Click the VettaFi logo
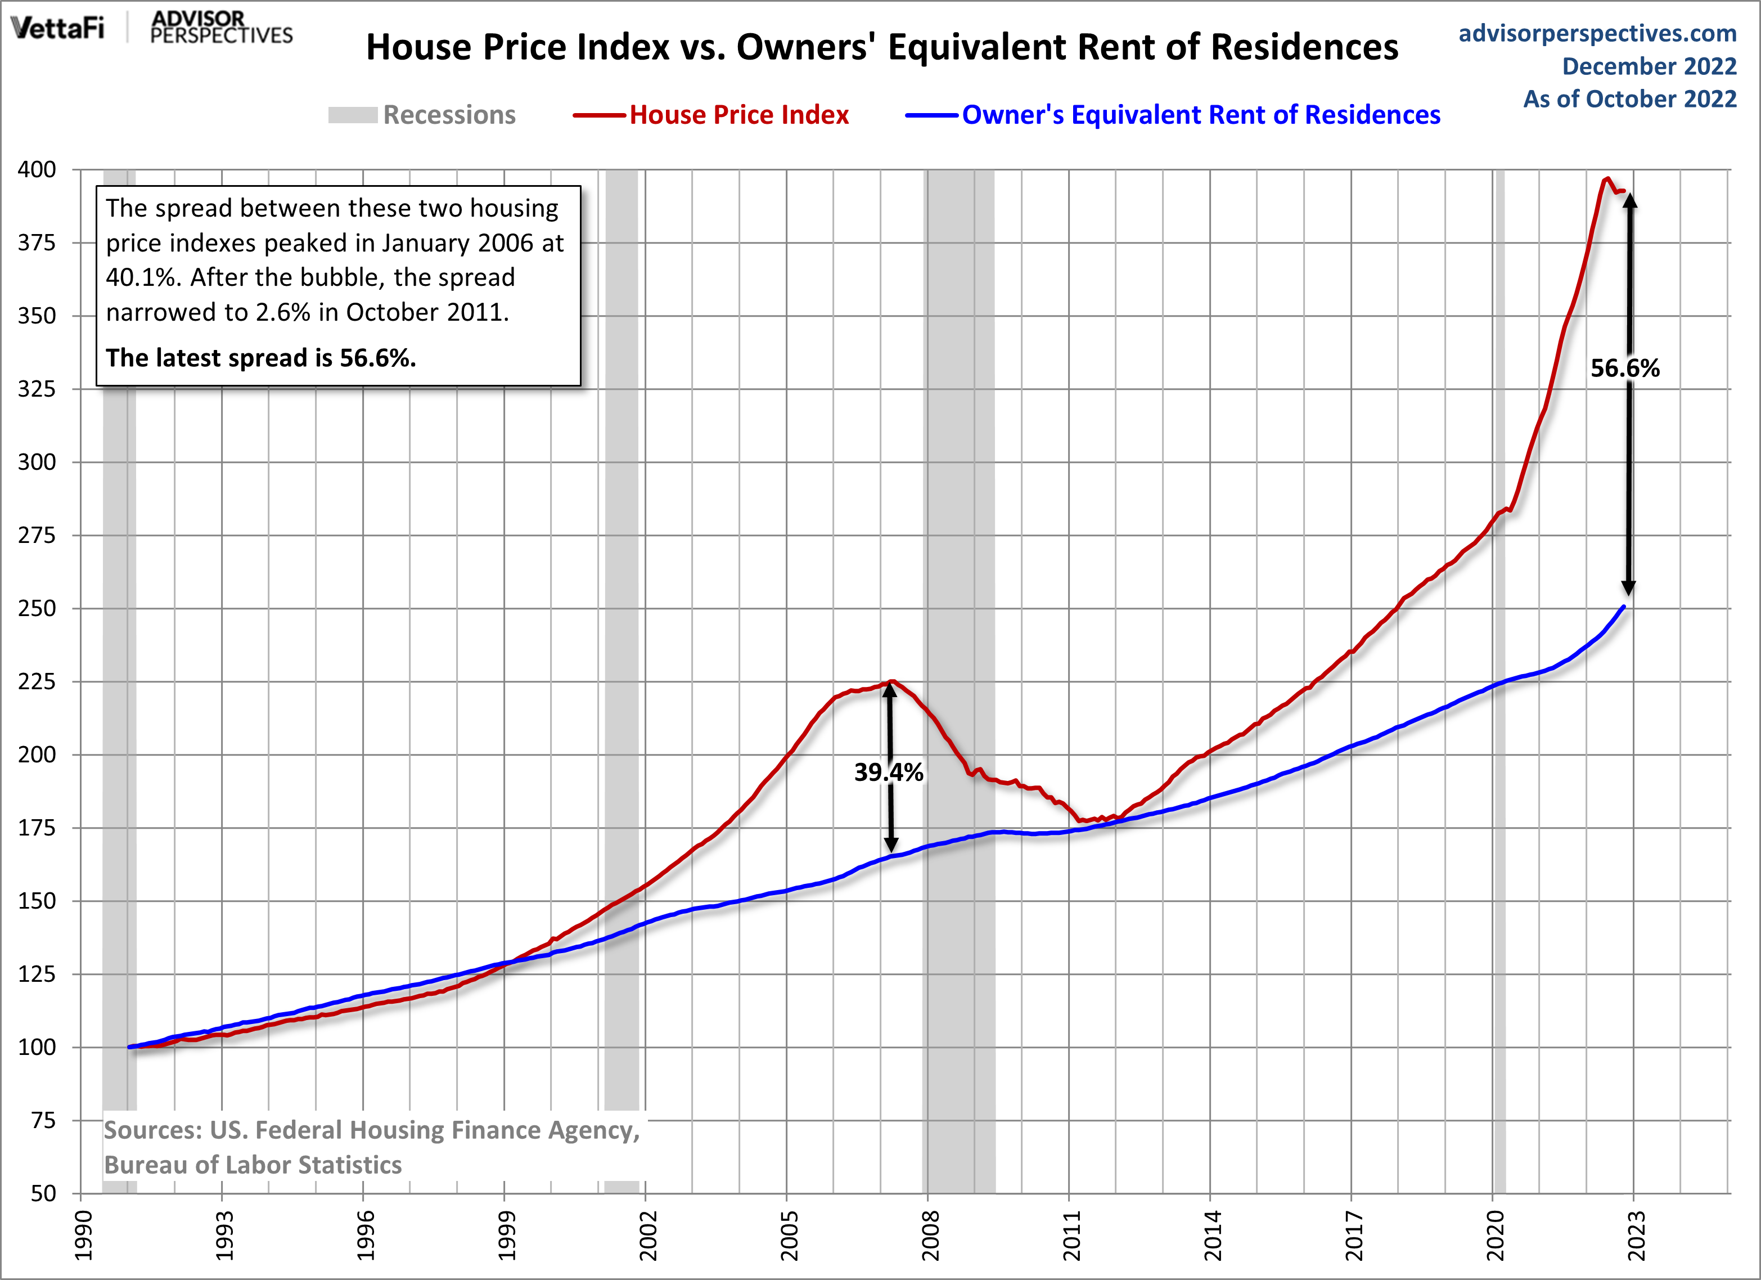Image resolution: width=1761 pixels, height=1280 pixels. (x=57, y=28)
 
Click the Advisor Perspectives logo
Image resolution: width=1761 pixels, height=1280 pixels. (x=220, y=28)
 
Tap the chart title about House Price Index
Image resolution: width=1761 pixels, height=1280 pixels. (x=881, y=47)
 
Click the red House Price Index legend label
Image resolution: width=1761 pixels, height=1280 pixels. (x=738, y=115)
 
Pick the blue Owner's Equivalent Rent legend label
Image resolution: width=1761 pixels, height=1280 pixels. (x=1200, y=115)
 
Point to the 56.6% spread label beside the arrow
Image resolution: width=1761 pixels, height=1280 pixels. (x=1624, y=368)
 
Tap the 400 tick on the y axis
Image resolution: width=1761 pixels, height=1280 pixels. (x=37, y=169)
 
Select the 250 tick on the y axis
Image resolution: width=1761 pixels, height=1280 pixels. (x=37, y=608)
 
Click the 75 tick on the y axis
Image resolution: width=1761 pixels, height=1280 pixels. (x=43, y=1120)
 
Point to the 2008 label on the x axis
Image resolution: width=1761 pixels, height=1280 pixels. (x=929, y=1235)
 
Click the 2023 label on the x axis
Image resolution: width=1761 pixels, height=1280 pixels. (x=1634, y=1235)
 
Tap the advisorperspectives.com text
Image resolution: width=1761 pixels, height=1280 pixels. (x=1597, y=33)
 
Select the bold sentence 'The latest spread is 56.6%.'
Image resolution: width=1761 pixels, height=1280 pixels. (x=261, y=358)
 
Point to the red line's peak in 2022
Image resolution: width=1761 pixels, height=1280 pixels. (x=1606, y=179)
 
